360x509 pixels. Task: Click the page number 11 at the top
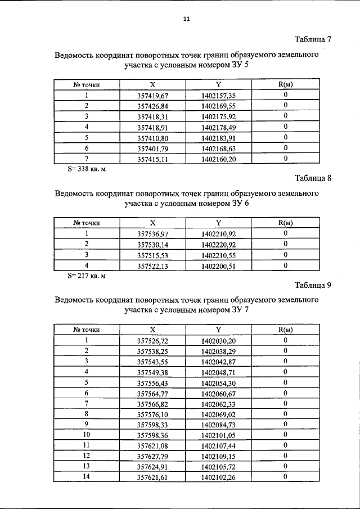pos(187,19)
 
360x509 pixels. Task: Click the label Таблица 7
pos(313,39)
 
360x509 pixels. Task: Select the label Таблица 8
pos(313,179)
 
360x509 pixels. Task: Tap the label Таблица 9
pos(313,285)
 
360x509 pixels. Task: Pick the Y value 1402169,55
pos(219,106)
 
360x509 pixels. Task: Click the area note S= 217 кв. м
pos(87,276)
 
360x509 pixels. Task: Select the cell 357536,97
pos(153,233)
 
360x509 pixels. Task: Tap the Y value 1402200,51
pos(219,266)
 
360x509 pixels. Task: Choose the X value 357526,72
pos(153,341)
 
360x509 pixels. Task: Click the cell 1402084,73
pos(219,425)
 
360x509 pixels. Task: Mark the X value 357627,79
pos(153,456)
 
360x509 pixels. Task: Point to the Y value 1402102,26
pos(219,478)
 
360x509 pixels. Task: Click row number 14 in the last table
pos(87,477)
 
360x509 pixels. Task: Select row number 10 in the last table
pos(87,435)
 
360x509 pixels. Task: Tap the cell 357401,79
pos(153,148)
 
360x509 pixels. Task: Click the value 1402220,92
pos(219,245)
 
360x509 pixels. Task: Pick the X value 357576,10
pos(153,415)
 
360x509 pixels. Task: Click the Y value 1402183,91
pos(219,138)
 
